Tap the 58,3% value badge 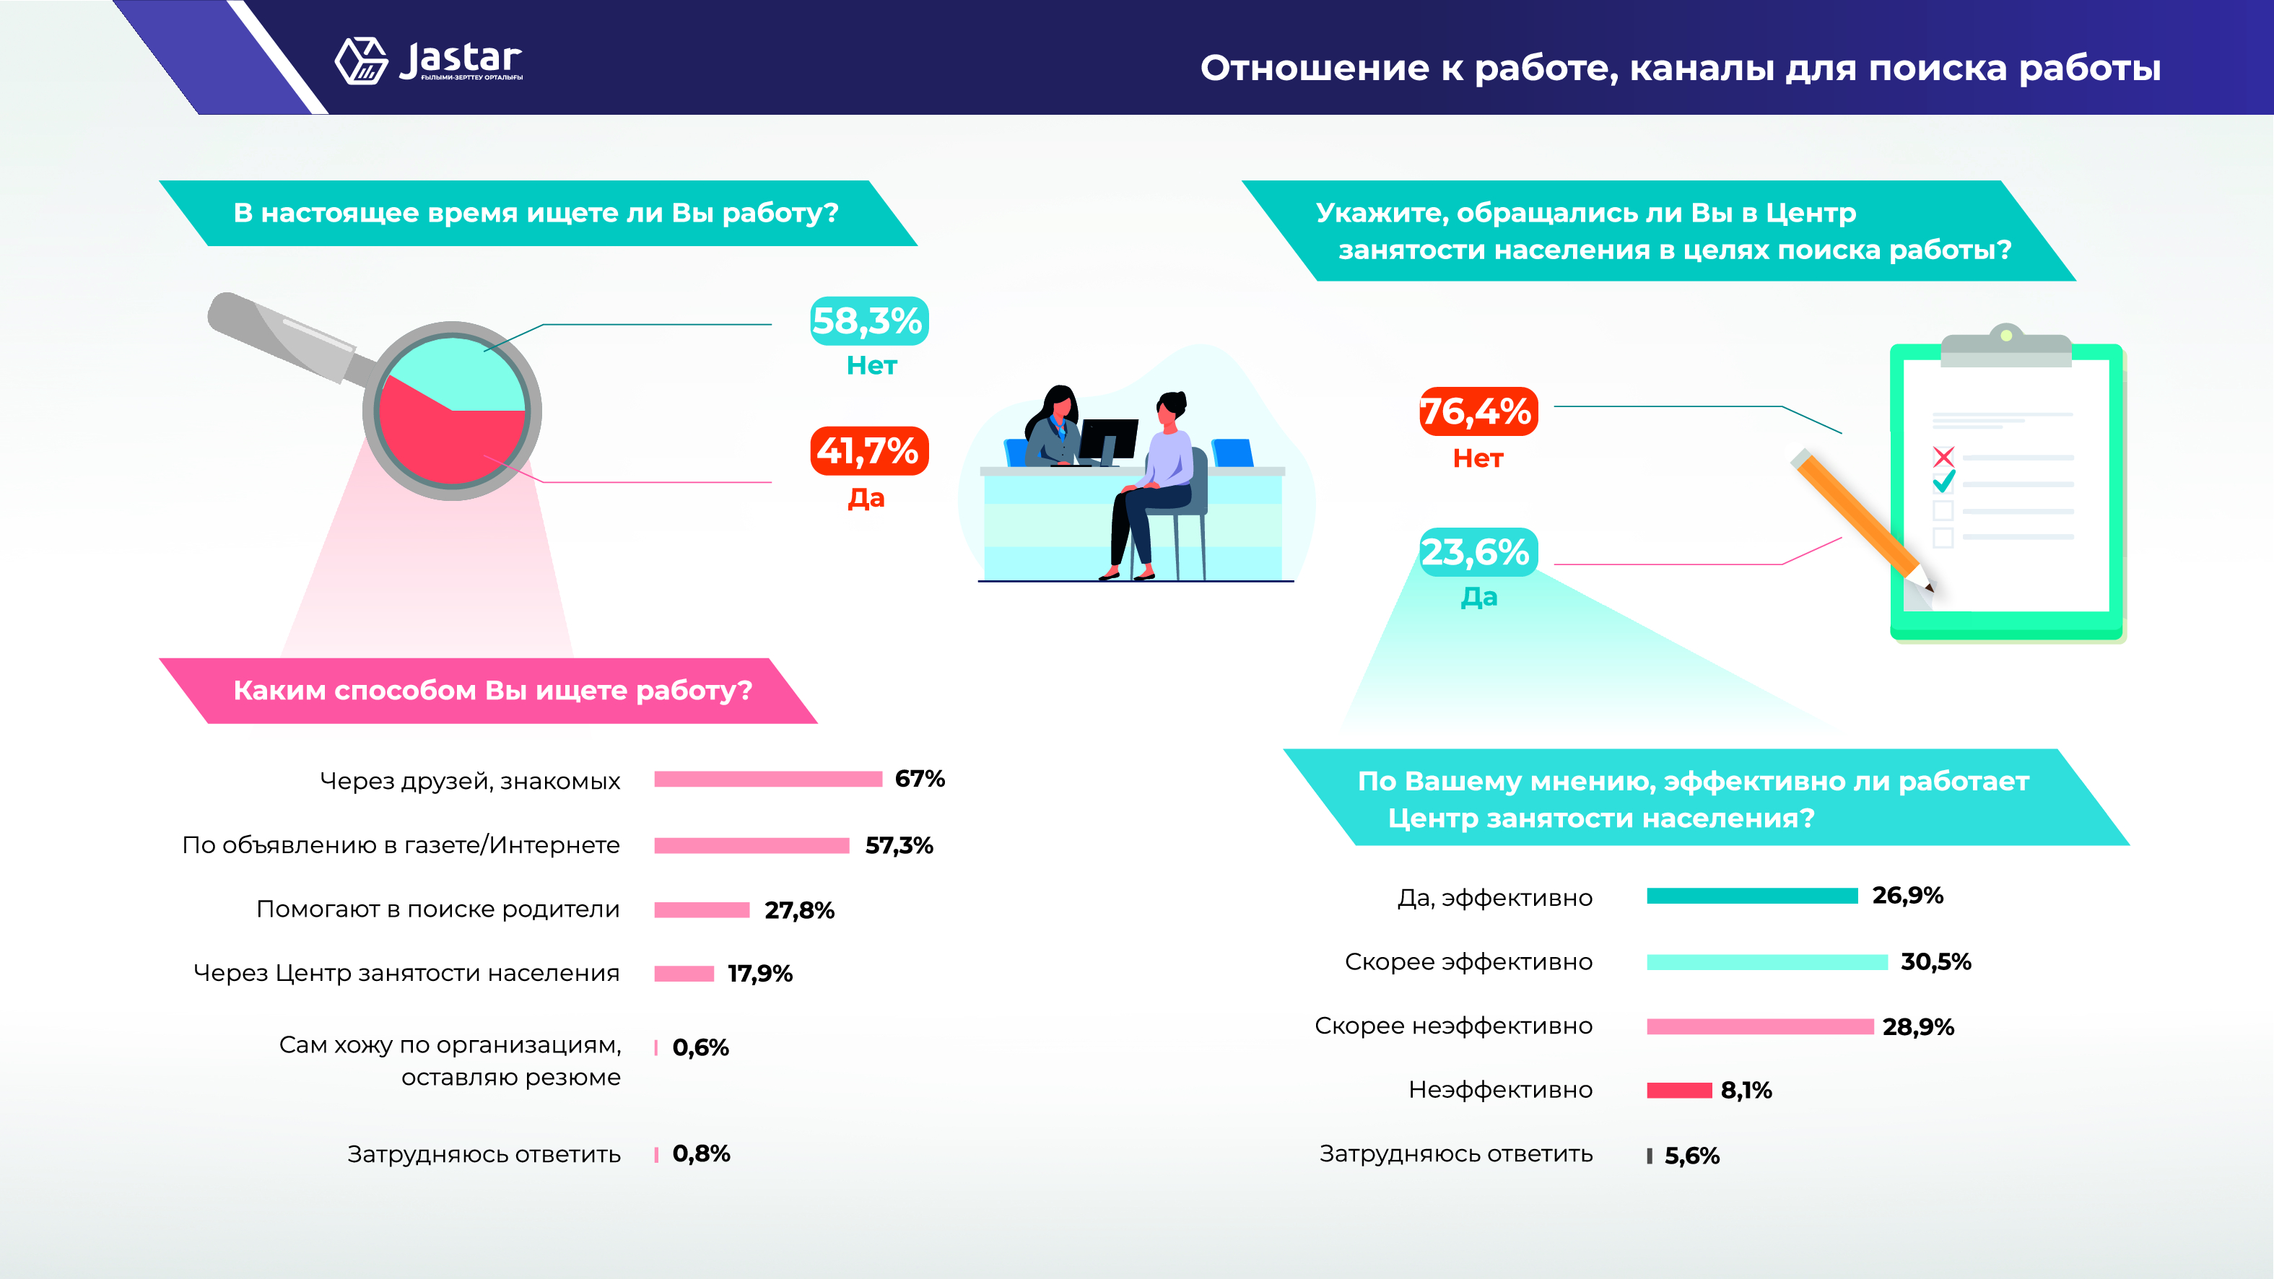pos(868,321)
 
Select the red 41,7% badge pos(868,451)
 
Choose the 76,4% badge pos(1478,411)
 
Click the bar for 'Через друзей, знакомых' pos(768,779)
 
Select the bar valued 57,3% pos(752,846)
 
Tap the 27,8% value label pos(799,910)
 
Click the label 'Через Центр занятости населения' pos(406,973)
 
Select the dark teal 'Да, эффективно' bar pos(1751,896)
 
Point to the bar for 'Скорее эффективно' pos(1767,962)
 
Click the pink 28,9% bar pos(1759,1026)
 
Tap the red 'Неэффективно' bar pos(1679,1090)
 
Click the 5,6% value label pos(1691,1156)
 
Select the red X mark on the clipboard pos(1943,456)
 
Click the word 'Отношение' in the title pos(1314,68)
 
